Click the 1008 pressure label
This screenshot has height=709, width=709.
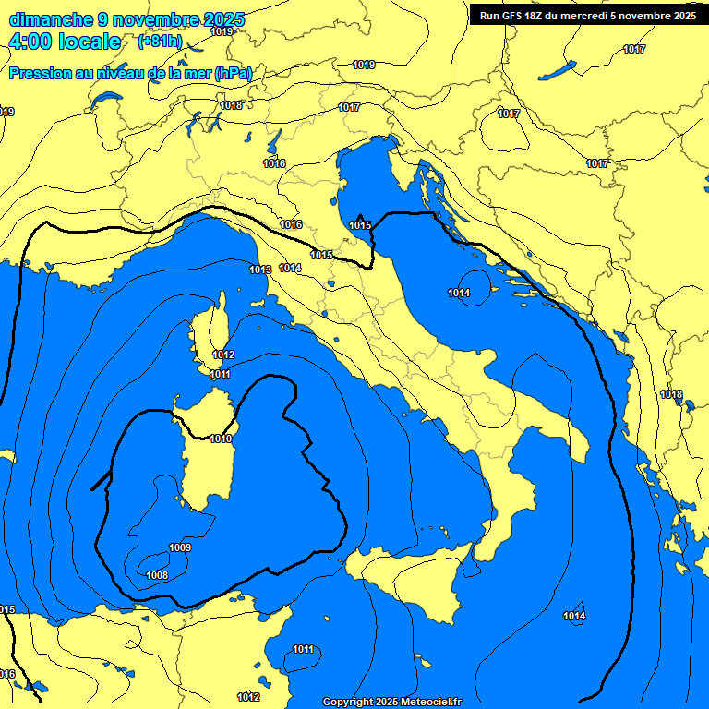click(x=158, y=575)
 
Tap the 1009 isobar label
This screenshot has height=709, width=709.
click(x=181, y=547)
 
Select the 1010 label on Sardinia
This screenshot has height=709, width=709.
click(x=222, y=439)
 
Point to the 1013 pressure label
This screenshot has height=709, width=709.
click(x=260, y=270)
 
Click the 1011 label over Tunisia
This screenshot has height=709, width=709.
click(x=304, y=649)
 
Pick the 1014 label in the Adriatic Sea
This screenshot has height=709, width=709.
click(x=460, y=293)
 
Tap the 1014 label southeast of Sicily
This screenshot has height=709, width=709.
click(x=574, y=616)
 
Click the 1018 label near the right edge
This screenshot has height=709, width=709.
click(x=671, y=394)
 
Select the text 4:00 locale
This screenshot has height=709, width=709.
click(x=65, y=42)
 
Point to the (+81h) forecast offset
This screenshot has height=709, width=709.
click(x=160, y=42)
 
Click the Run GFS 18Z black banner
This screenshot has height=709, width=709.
click(x=588, y=15)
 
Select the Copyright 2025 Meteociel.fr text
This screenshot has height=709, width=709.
click(x=391, y=702)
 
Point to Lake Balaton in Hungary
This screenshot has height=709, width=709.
click(x=557, y=70)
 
